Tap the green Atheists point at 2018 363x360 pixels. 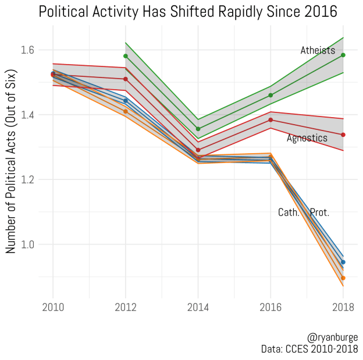tap(343, 55)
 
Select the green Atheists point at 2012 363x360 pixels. tap(126, 56)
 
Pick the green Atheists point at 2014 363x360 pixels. tap(198, 129)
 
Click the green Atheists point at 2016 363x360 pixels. tap(271, 95)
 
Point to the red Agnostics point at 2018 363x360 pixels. tap(343, 135)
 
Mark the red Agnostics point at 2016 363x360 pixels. tap(271, 120)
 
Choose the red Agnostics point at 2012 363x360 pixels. tap(126, 79)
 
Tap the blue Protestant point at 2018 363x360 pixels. tap(343, 262)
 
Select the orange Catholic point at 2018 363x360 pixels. tap(343, 278)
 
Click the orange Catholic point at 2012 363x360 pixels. tap(126, 111)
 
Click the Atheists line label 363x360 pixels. tap(318, 51)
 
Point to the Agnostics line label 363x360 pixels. tap(307, 138)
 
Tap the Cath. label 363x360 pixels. tap(289, 213)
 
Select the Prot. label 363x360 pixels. tap(319, 213)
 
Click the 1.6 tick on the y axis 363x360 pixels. tap(26, 50)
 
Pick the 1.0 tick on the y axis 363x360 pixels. tap(26, 245)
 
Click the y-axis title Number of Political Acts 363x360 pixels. tap(10, 161)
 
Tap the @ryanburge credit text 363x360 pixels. tap(333, 338)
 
